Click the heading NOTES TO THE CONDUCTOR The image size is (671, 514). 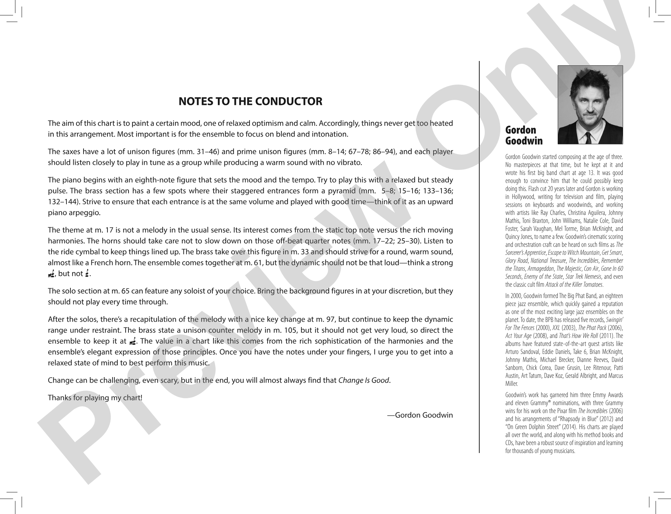click(x=250, y=101)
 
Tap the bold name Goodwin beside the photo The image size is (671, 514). click(x=524, y=141)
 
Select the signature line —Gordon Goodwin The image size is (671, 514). click(x=420, y=415)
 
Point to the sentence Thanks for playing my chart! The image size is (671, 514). click(x=95, y=398)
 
